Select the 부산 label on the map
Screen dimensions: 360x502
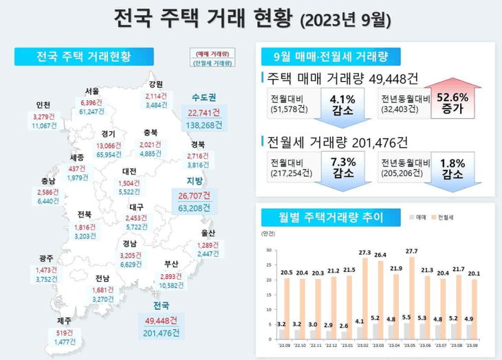tap(171, 264)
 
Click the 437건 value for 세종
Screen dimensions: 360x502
tap(78, 168)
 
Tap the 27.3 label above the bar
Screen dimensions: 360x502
tap(365, 253)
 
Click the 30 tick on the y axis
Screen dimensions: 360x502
tap(269, 251)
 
